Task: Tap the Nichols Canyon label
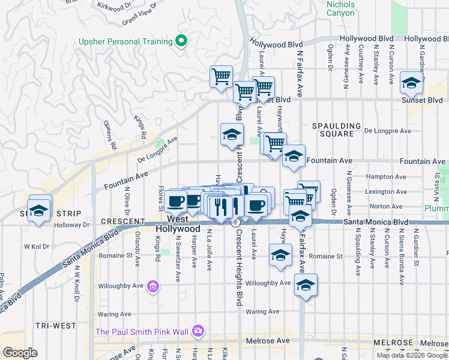tap(340, 8)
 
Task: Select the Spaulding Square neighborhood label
tap(337, 130)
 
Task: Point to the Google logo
tap(20, 353)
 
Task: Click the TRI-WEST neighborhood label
tap(55, 326)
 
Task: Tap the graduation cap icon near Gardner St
tap(411, 83)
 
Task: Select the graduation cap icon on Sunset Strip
tap(40, 211)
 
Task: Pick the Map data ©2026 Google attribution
tap(412, 355)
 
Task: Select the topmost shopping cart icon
tap(221, 76)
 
